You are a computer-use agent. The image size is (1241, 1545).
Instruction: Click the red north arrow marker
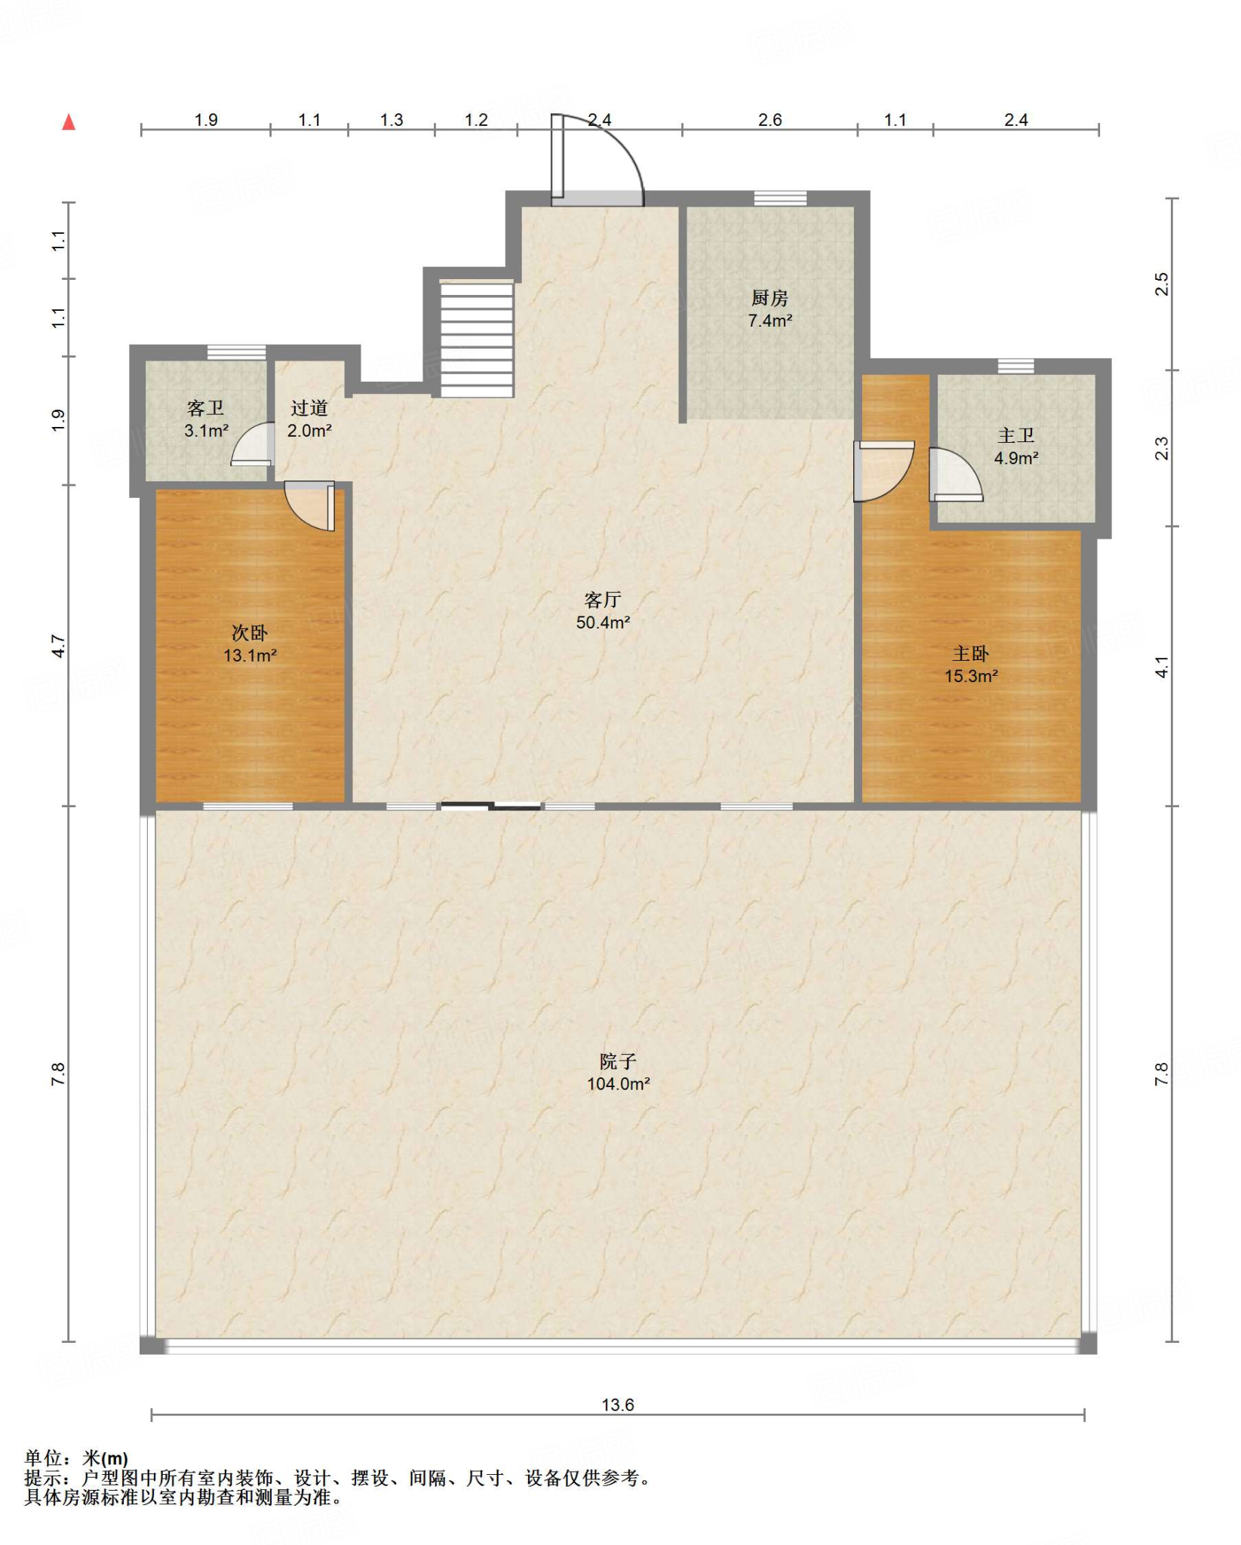pyautogui.click(x=69, y=121)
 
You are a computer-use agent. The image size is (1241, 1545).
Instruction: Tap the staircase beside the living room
pyautogui.click(x=477, y=339)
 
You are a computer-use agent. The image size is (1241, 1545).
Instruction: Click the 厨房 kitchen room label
pyautogui.click(x=769, y=298)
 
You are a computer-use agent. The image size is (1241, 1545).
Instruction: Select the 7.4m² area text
pyautogui.click(x=769, y=321)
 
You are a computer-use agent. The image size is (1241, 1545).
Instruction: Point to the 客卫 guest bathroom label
pyautogui.click(x=205, y=408)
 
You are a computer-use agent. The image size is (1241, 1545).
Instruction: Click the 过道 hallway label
pyautogui.click(x=309, y=408)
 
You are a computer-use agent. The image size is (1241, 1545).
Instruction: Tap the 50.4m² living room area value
pyautogui.click(x=603, y=622)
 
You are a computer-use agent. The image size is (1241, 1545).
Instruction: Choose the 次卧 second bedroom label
pyautogui.click(x=249, y=633)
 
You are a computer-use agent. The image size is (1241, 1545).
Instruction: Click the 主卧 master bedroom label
pyautogui.click(x=970, y=653)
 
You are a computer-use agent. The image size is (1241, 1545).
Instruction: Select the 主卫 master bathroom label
pyautogui.click(x=1015, y=435)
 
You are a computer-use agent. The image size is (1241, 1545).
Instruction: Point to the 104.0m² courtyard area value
pyautogui.click(x=619, y=1084)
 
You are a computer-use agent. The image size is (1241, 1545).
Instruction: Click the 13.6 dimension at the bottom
pyautogui.click(x=618, y=1405)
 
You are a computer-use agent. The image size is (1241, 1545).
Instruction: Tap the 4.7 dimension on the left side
pyautogui.click(x=58, y=647)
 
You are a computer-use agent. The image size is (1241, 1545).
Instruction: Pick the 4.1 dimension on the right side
pyautogui.click(x=1162, y=667)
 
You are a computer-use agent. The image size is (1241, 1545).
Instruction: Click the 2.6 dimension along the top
pyautogui.click(x=769, y=120)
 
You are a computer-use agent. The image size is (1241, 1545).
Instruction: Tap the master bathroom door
pyautogui.click(x=957, y=474)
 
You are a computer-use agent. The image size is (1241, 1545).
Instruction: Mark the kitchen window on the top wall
pyautogui.click(x=780, y=198)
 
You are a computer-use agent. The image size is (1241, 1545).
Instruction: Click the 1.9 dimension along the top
pyautogui.click(x=206, y=120)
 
